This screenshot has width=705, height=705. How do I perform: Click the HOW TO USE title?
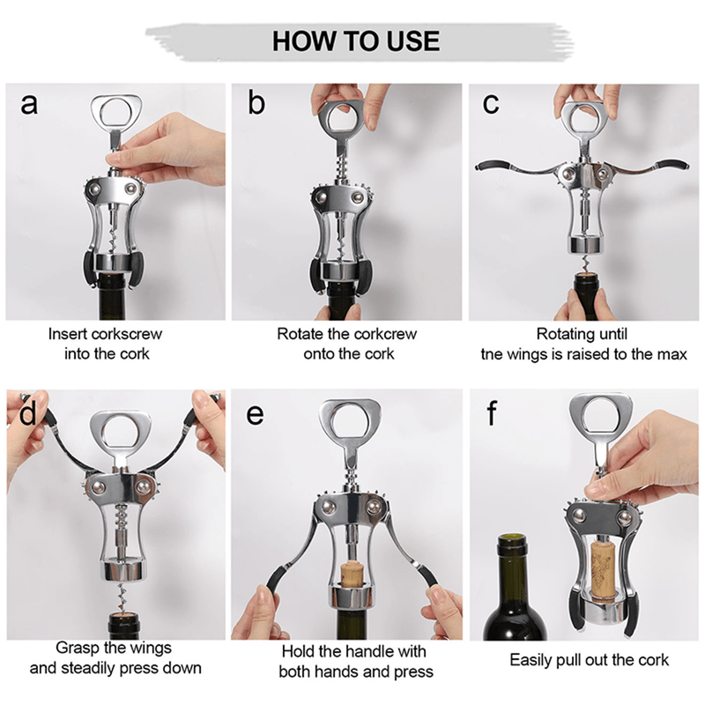355,41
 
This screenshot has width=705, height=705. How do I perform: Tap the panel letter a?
29,104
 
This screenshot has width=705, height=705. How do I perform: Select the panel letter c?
492,104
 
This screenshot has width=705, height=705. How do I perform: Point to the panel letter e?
255,412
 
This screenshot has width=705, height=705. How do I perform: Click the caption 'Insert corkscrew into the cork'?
106,344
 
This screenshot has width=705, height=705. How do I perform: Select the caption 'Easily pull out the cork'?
589,659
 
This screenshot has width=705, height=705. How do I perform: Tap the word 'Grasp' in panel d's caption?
77,649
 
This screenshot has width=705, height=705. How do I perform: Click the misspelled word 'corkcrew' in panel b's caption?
384,334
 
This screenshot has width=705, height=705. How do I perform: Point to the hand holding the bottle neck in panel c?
582,304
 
